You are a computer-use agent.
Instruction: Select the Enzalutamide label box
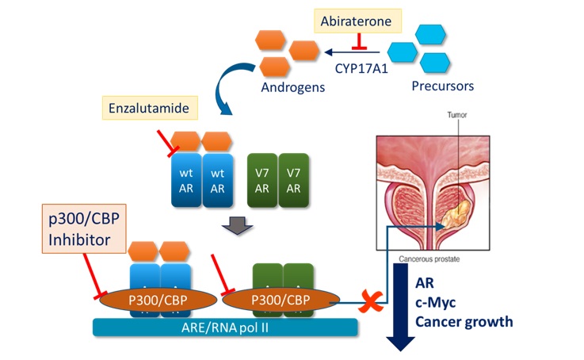pyautogui.click(x=151, y=105)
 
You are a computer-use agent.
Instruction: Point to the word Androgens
pyautogui.click(x=291, y=88)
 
